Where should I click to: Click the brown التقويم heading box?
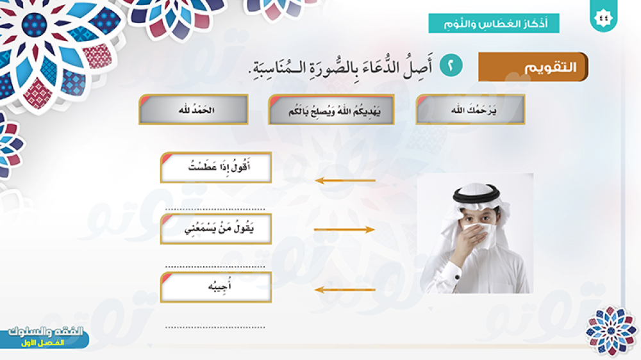coord(533,67)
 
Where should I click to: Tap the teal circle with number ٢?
coord(451,65)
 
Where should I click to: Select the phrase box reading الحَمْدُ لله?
coord(194,110)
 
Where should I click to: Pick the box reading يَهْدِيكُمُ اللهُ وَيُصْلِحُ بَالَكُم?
coord(331,110)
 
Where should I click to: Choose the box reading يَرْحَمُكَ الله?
coord(470,110)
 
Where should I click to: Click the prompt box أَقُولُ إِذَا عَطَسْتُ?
coord(216,168)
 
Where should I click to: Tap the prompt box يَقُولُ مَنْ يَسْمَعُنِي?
coord(216,229)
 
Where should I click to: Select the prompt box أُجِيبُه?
coord(216,287)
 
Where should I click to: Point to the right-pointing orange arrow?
coord(344,230)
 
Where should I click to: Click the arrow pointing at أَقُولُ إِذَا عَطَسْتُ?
coord(345,180)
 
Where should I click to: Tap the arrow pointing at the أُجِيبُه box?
coord(345,290)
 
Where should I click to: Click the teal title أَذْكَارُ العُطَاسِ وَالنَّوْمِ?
coord(494,23)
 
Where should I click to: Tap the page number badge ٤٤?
coord(603,17)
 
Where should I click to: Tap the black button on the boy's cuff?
coord(457,277)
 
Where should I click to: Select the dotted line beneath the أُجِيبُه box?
coord(215,327)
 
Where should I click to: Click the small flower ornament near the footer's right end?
coord(611,330)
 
